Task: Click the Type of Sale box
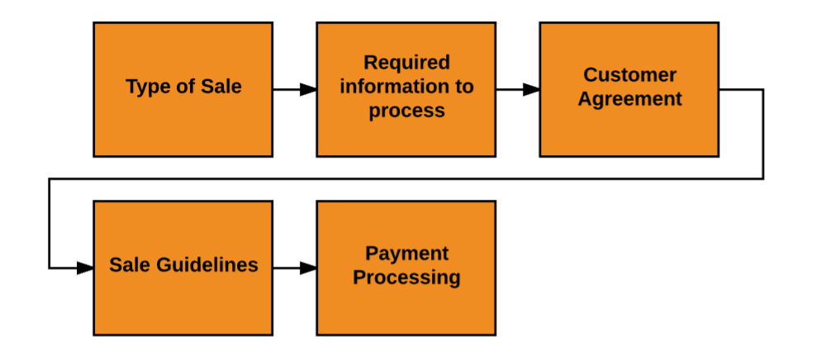pos(183,89)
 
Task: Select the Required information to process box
pos(406,89)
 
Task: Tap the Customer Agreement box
pos(629,89)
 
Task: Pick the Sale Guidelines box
pos(183,268)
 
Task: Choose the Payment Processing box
pos(406,268)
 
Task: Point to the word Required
pos(406,63)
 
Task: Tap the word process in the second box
pos(406,111)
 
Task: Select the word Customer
pos(629,75)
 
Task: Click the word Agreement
pos(629,99)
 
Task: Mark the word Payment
pos(406,253)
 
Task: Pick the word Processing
pos(406,277)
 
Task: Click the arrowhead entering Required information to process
pos(308,89)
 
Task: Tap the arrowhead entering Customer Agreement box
pos(531,89)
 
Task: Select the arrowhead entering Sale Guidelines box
pos(85,268)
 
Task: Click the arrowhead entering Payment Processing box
pos(308,268)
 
